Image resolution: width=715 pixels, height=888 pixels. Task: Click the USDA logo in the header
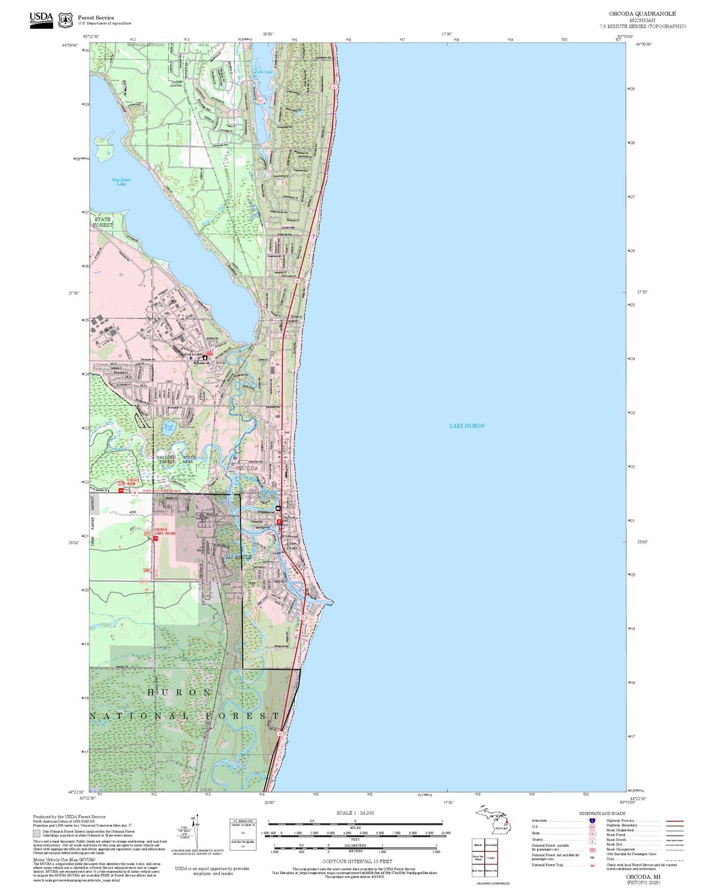(x=41, y=19)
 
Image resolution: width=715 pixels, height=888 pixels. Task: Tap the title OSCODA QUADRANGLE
(x=642, y=13)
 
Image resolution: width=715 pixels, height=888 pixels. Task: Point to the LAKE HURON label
(x=467, y=426)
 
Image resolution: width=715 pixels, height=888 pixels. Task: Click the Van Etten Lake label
(x=121, y=182)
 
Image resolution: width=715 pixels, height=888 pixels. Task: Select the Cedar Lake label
(x=263, y=72)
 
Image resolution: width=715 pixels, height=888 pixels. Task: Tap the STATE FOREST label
(x=102, y=222)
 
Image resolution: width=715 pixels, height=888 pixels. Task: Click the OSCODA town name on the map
(x=246, y=468)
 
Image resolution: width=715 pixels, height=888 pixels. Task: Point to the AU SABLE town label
(x=238, y=557)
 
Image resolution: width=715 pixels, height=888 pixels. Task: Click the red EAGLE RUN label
(x=134, y=482)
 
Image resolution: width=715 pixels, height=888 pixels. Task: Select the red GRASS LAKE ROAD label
(x=165, y=531)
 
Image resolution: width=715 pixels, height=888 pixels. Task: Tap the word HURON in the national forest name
(x=179, y=692)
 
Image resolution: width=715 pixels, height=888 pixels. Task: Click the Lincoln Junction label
(x=176, y=84)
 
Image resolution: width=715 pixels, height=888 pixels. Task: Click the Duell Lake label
(x=169, y=427)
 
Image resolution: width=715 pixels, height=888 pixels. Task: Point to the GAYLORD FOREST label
(x=166, y=459)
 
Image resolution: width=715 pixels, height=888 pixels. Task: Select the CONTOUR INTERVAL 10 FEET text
(x=357, y=861)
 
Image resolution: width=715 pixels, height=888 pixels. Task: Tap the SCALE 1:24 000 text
(x=355, y=813)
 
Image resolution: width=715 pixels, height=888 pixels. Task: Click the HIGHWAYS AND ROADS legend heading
(x=602, y=813)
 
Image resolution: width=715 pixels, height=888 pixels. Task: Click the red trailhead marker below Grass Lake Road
(x=155, y=539)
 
